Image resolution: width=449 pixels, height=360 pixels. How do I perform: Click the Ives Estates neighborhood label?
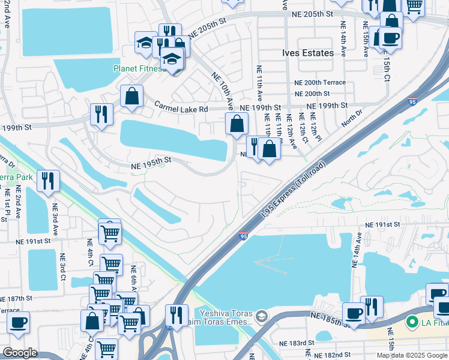308,53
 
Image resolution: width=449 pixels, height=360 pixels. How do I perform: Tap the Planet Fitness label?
139,68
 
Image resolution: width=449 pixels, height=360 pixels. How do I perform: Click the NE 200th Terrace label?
320,82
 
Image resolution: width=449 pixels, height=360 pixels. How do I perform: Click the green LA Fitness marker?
411,322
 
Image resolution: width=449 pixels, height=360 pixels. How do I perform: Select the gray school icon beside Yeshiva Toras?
261,316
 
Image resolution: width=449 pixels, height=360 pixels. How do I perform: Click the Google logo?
20,353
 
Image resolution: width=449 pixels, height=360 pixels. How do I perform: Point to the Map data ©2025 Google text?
412,355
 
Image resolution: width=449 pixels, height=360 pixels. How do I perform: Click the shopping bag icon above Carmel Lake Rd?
131,96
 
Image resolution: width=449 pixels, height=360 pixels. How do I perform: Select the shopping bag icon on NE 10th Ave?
237,124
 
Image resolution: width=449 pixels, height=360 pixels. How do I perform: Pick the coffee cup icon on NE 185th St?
354,313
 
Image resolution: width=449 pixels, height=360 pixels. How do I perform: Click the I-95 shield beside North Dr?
412,102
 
